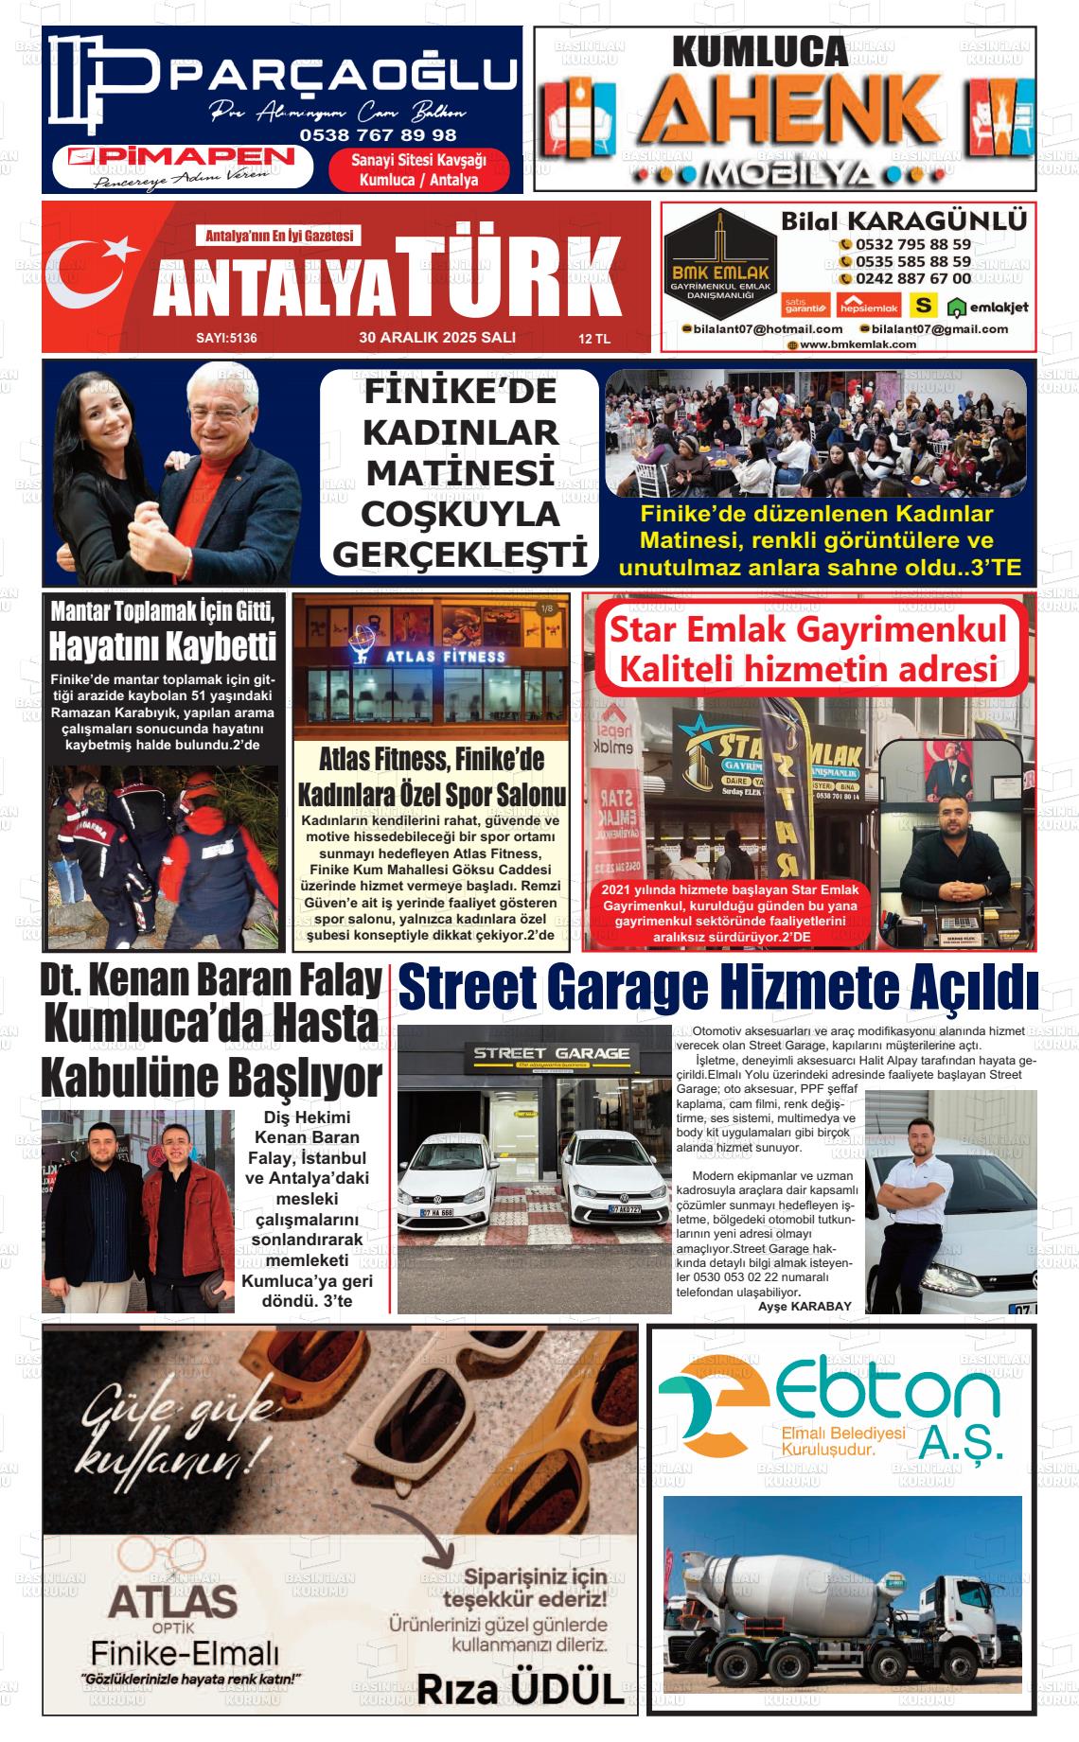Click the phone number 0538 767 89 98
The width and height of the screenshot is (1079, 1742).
point(378,135)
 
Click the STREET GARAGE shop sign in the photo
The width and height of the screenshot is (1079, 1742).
point(551,1053)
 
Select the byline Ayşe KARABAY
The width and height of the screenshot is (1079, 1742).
point(805,1306)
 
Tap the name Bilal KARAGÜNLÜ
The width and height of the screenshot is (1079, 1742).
point(903,220)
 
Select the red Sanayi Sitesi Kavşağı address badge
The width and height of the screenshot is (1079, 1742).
point(418,170)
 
